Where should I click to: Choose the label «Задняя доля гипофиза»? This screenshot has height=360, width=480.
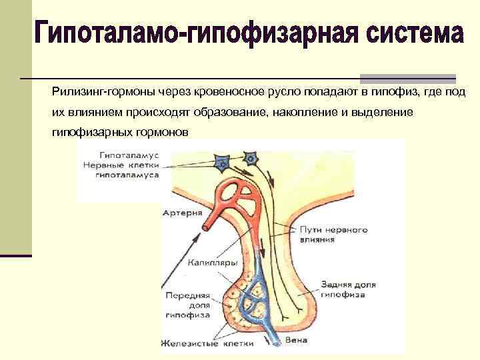pos(348,289)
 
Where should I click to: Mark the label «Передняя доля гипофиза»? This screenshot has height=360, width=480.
pos(186,304)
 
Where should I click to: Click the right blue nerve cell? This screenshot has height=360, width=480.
pos(251,158)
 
